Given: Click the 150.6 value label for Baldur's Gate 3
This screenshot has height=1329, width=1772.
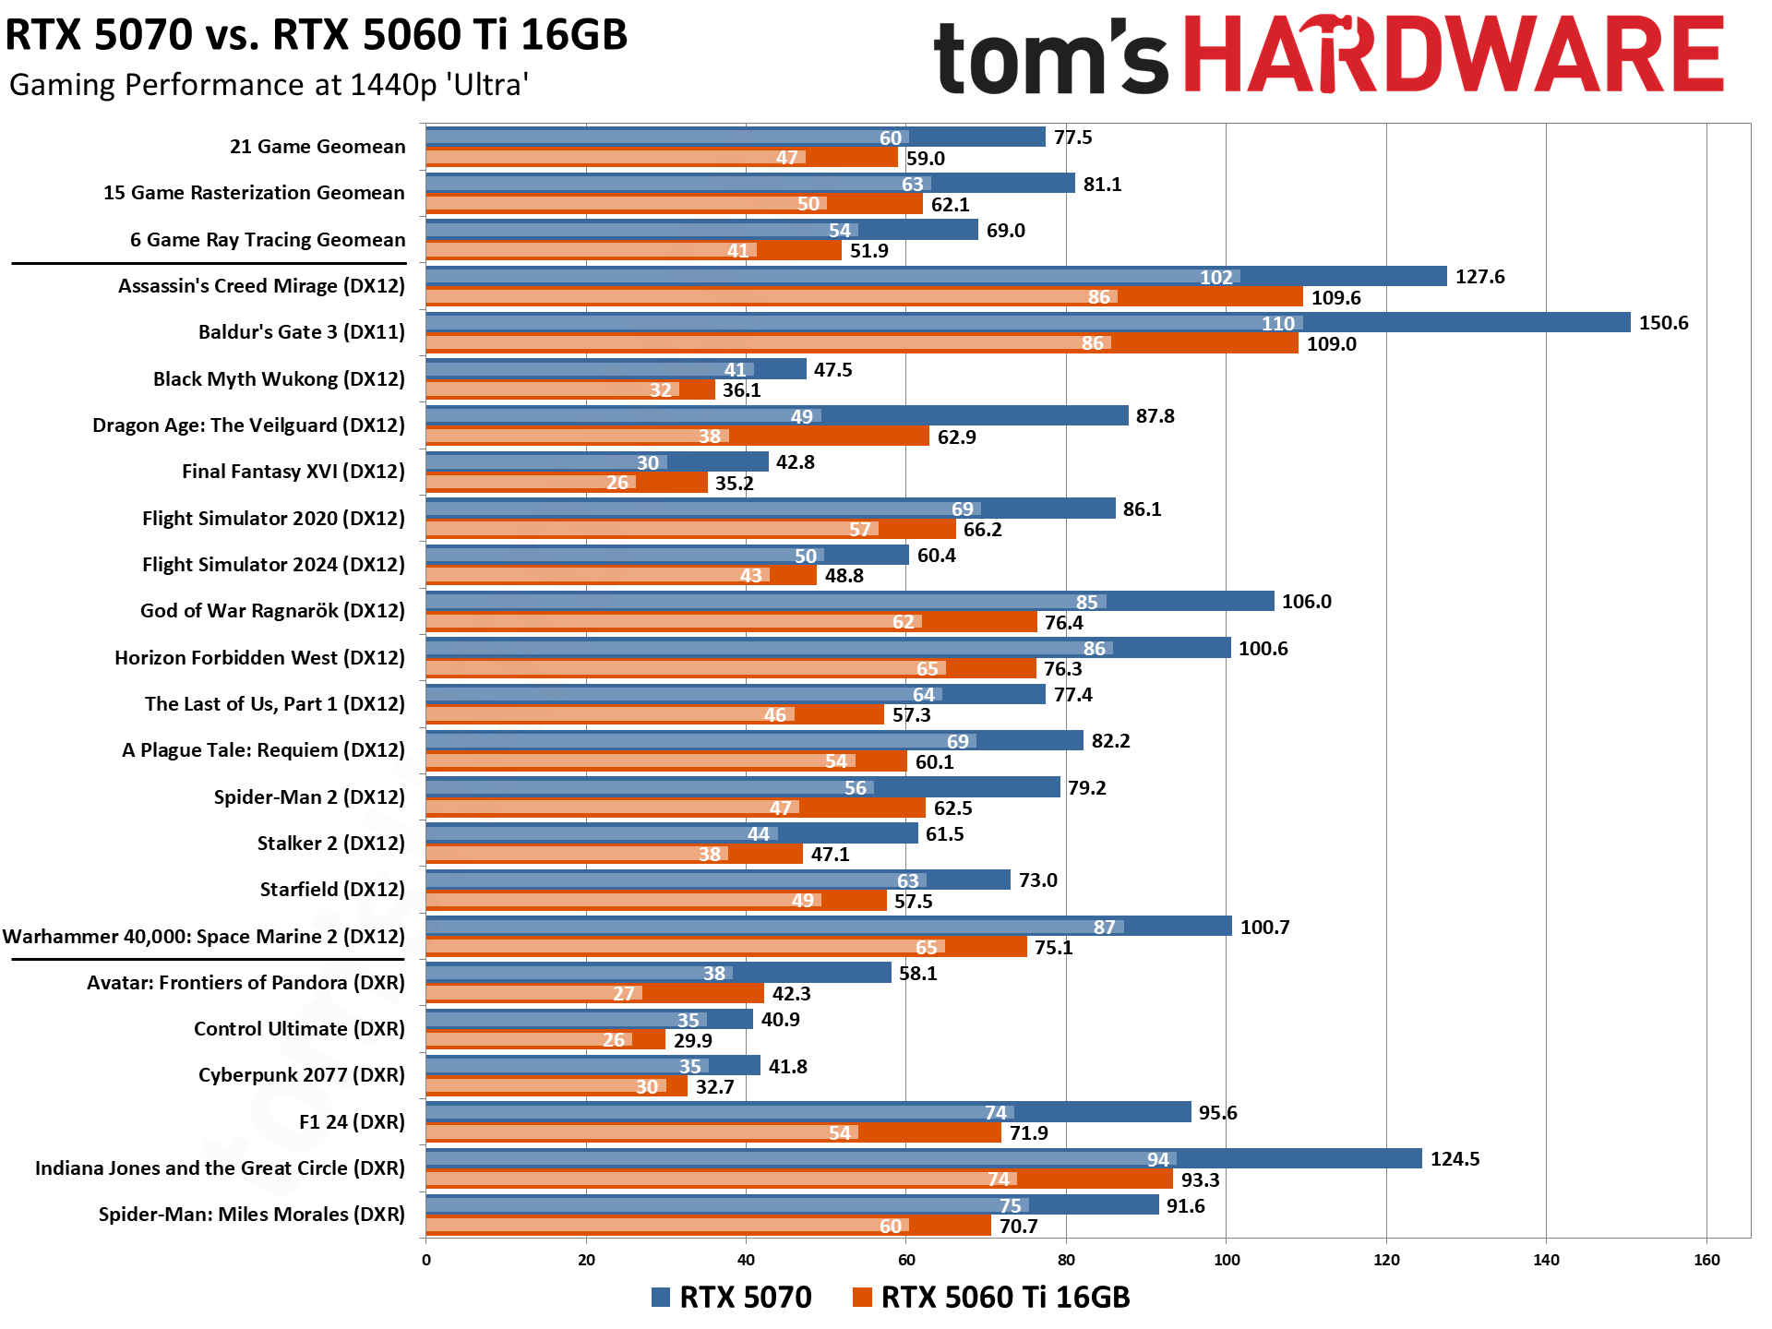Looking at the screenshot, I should pos(1663,323).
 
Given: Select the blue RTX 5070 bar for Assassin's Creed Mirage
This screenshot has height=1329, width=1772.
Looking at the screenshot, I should pos(936,276).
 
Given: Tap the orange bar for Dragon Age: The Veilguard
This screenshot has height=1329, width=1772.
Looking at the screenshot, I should pos(677,437).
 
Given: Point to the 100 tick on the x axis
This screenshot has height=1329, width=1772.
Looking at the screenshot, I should pos(1226,1260).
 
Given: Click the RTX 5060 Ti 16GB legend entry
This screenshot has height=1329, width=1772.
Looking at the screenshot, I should pos(992,1297).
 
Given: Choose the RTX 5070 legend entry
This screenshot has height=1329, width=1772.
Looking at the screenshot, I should pos(732,1297).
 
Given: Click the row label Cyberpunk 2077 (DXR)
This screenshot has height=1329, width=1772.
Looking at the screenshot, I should pos(301,1075).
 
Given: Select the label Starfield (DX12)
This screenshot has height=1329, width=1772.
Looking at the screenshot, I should pos(332,890).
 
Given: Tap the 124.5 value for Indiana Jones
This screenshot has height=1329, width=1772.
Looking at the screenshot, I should pos(1455,1159).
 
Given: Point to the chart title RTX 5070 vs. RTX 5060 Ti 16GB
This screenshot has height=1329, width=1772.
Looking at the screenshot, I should pos(317,35).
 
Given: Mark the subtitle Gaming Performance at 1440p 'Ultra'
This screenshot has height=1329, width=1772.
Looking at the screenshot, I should pos(269,85).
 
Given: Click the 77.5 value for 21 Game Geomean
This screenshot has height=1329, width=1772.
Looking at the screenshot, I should pos(1072,138).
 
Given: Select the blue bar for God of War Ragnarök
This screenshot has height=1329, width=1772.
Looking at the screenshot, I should pos(849,602).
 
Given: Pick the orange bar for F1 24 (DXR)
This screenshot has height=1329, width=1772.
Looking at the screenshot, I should pos(713,1132).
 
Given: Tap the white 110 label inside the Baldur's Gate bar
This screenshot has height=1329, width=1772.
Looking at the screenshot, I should pos(1277,324).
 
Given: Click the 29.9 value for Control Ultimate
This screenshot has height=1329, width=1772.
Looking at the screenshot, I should pos(692,1041).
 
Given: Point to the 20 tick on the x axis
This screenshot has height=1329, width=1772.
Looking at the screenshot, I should pos(586,1260).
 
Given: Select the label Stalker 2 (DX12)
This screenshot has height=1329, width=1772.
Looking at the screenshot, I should pos(330,844).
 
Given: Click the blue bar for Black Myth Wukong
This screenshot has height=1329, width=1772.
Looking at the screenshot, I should pos(616,369).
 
